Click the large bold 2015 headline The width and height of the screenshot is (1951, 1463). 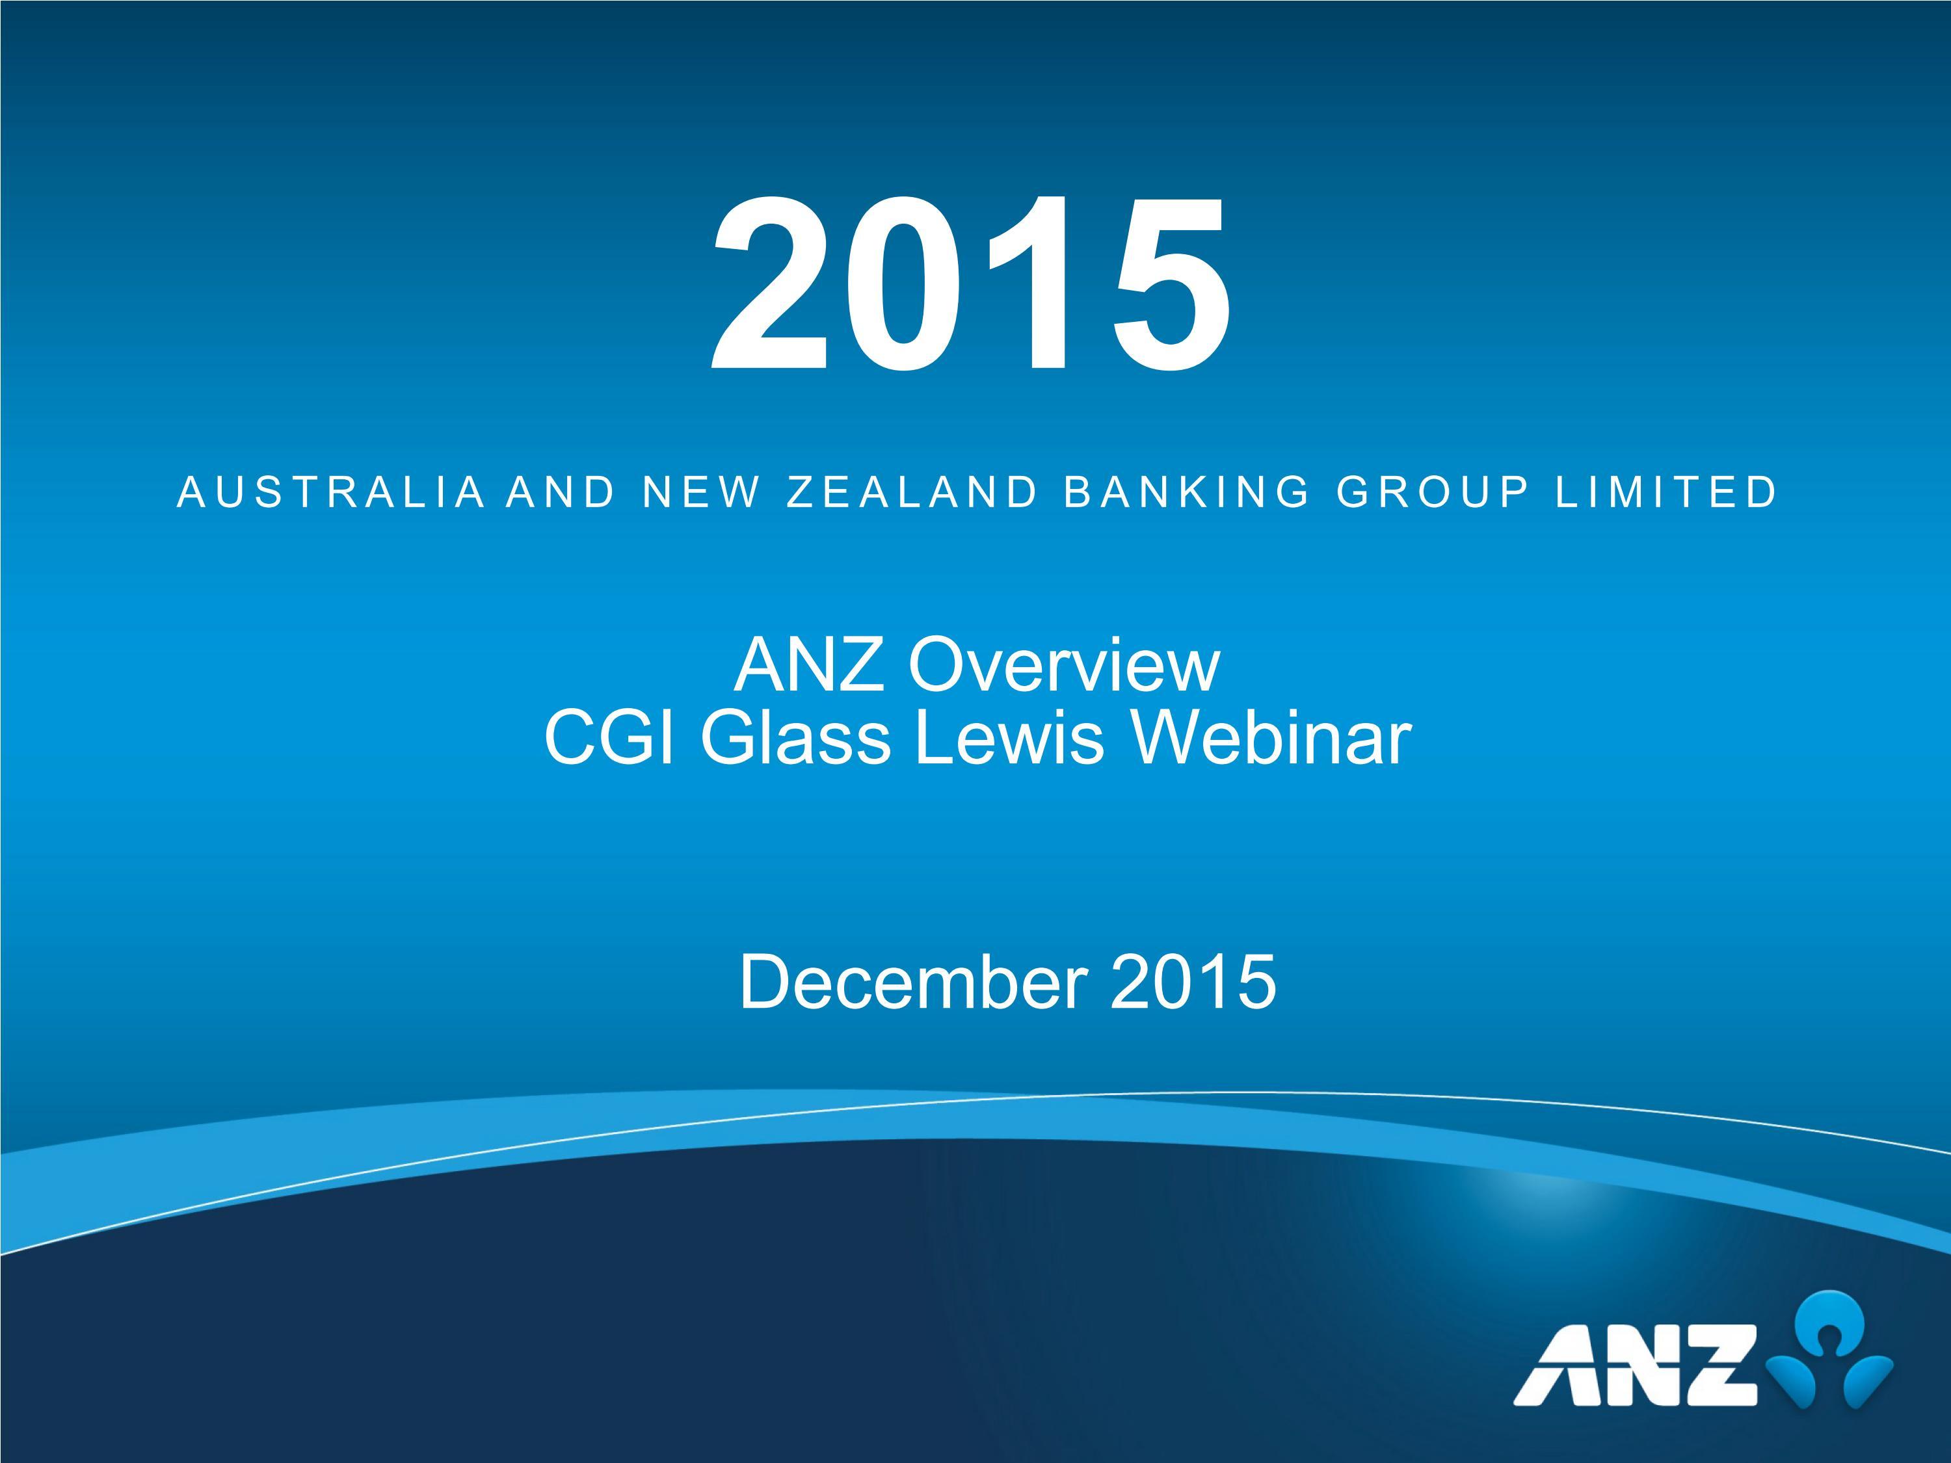970,284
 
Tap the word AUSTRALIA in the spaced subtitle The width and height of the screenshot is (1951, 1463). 332,492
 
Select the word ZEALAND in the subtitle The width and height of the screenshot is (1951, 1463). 912,492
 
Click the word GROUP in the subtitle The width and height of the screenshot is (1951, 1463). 1433,492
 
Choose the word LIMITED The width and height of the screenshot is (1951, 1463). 1667,492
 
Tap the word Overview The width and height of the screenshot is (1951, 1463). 1065,666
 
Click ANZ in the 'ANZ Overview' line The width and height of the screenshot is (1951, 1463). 810,666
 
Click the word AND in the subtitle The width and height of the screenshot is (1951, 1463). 561,492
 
